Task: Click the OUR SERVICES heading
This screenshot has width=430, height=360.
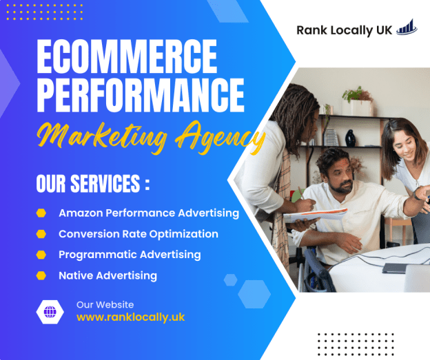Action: [92, 185]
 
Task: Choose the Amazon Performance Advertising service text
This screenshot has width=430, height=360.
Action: [149, 213]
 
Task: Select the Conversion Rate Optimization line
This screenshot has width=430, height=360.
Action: [139, 234]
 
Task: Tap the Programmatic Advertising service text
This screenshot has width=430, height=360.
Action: [130, 255]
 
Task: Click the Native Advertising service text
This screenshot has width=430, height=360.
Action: [107, 275]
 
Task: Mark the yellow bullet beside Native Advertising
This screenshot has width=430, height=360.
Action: [42, 275]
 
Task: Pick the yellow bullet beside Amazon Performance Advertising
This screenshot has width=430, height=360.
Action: [42, 213]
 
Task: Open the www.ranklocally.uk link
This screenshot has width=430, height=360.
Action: [130, 317]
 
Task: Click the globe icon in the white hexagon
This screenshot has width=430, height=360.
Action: [50, 312]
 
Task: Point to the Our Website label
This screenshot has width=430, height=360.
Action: [105, 304]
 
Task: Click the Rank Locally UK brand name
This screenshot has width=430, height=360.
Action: [344, 30]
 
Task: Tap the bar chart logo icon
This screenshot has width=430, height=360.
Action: [407, 28]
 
